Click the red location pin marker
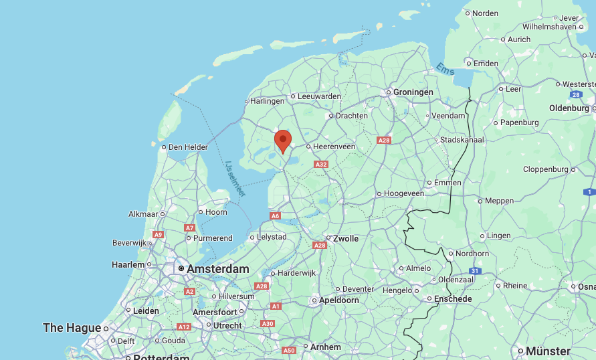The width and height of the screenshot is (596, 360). coord(283,141)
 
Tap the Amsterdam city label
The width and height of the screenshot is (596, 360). coord(217,269)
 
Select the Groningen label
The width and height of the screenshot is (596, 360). coord(413,92)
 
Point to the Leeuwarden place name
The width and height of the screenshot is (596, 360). coord(319,96)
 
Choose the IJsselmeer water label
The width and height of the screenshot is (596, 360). coord(235,179)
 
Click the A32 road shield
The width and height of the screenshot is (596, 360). coord(321,164)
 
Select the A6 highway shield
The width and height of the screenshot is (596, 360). coord(275,216)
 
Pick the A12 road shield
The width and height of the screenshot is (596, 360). coord(183,327)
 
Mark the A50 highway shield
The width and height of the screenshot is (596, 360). coord(289,350)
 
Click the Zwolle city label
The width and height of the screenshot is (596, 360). coord(346,238)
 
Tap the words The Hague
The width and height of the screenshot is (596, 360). coord(72,328)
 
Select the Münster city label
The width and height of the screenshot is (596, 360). coord(548,351)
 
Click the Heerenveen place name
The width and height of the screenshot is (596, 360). coord(335,147)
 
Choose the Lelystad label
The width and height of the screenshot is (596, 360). coord(272,237)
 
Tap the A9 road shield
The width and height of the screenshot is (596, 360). coord(158,234)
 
